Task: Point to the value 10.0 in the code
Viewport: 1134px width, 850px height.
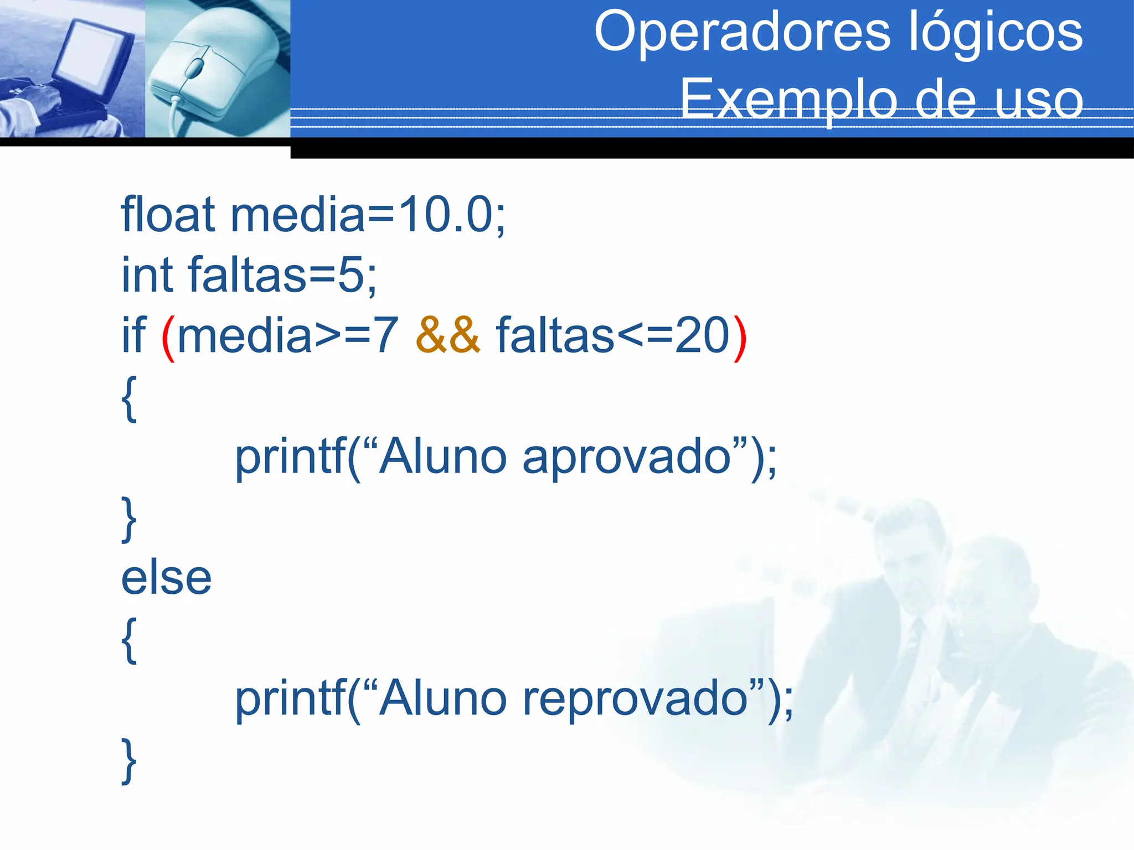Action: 445,215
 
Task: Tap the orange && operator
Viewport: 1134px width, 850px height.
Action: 447,335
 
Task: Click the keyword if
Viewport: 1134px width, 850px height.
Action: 133,335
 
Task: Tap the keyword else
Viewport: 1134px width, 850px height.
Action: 166,578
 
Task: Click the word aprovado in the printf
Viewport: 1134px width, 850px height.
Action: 626,457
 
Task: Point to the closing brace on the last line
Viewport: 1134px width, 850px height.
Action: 129,761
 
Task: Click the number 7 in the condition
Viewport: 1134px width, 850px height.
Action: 385,335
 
